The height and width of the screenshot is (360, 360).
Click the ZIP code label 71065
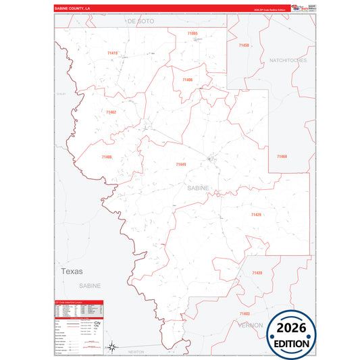(192, 33)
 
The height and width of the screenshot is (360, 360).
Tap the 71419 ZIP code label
(112, 53)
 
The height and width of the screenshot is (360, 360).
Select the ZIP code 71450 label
(244, 45)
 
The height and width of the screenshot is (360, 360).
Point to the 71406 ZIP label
(187, 80)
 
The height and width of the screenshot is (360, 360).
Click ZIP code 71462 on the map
(111, 112)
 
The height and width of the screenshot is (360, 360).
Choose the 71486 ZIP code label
(107, 157)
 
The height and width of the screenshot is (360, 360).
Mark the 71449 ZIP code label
(180, 164)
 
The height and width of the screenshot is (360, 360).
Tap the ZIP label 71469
(282, 157)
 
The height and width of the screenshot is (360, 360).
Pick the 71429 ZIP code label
(255, 215)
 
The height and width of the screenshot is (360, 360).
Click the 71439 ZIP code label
(256, 273)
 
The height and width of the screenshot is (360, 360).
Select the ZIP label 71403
(245, 314)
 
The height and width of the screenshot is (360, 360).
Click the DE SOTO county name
(141, 22)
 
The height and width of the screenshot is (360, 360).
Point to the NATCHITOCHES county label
(288, 60)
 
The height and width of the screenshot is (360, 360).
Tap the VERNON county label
(251, 325)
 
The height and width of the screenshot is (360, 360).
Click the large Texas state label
(71, 271)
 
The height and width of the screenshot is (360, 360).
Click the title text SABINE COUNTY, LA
(72, 8)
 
